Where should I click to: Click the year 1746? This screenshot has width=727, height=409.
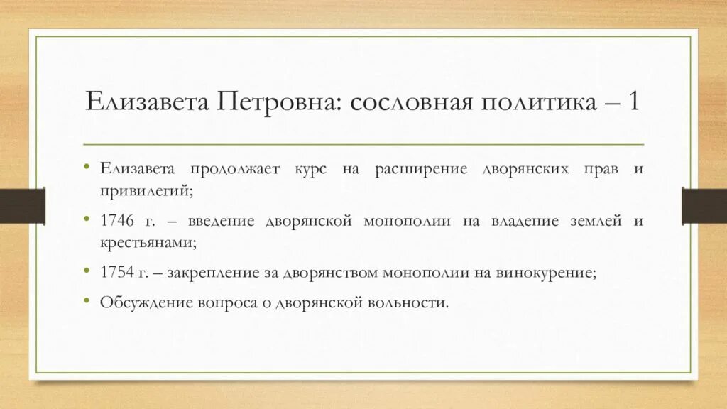(x=116, y=221)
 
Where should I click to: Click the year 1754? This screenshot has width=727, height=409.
(x=116, y=272)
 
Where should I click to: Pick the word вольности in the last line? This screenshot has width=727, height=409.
(x=413, y=302)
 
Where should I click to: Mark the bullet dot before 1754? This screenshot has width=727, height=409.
(x=86, y=271)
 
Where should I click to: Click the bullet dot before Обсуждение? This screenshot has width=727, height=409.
(x=86, y=301)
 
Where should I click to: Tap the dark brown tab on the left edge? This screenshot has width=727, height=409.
(x=22, y=205)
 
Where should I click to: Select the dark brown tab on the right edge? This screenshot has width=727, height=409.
(x=704, y=205)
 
